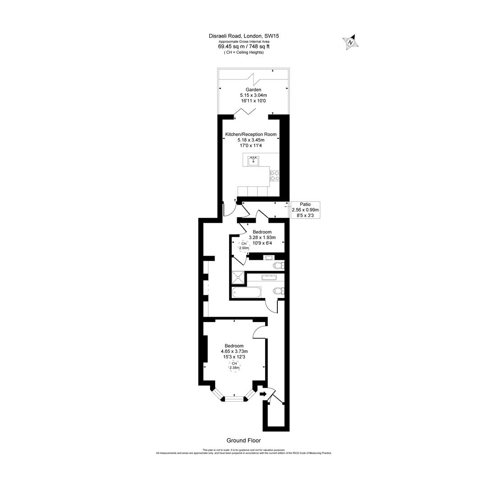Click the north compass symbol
click(350, 42)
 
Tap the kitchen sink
click(253, 161)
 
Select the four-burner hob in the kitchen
click(274, 176)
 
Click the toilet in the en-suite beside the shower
click(279, 265)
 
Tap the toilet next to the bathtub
click(278, 291)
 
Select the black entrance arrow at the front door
click(263, 394)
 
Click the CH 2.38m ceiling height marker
click(234, 366)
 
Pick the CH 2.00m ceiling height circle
click(243, 246)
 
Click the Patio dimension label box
click(305, 210)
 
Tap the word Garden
click(253, 90)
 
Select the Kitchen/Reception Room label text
click(251, 134)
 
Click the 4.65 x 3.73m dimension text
click(234, 351)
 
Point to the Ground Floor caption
click(243, 441)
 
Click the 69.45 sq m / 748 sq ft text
click(243, 46)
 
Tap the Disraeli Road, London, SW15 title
click(243, 36)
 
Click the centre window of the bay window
click(234, 398)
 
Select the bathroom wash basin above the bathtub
click(271, 276)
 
